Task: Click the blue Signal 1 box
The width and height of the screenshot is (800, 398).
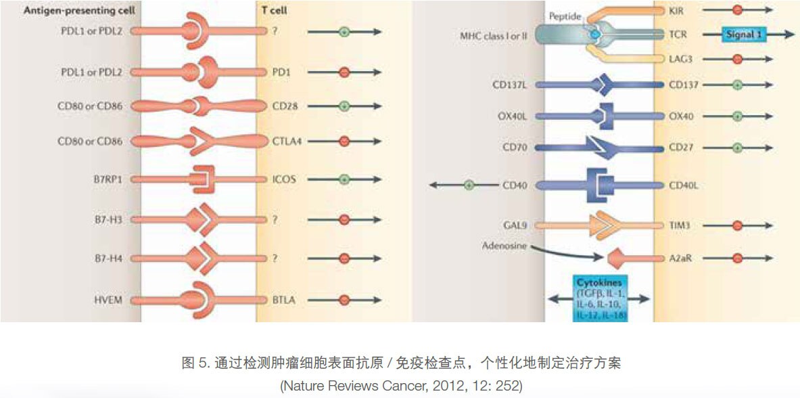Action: pyautogui.click(x=743, y=34)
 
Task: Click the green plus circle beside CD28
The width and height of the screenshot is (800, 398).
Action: pyautogui.click(x=344, y=106)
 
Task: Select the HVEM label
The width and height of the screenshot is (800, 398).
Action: pyautogui.click(x=109, y=299)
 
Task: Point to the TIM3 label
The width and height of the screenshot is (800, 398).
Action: pyautogui.click(x=680, y=225)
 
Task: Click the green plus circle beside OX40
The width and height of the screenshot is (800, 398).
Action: pyautogui.click(x=737, y=116)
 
